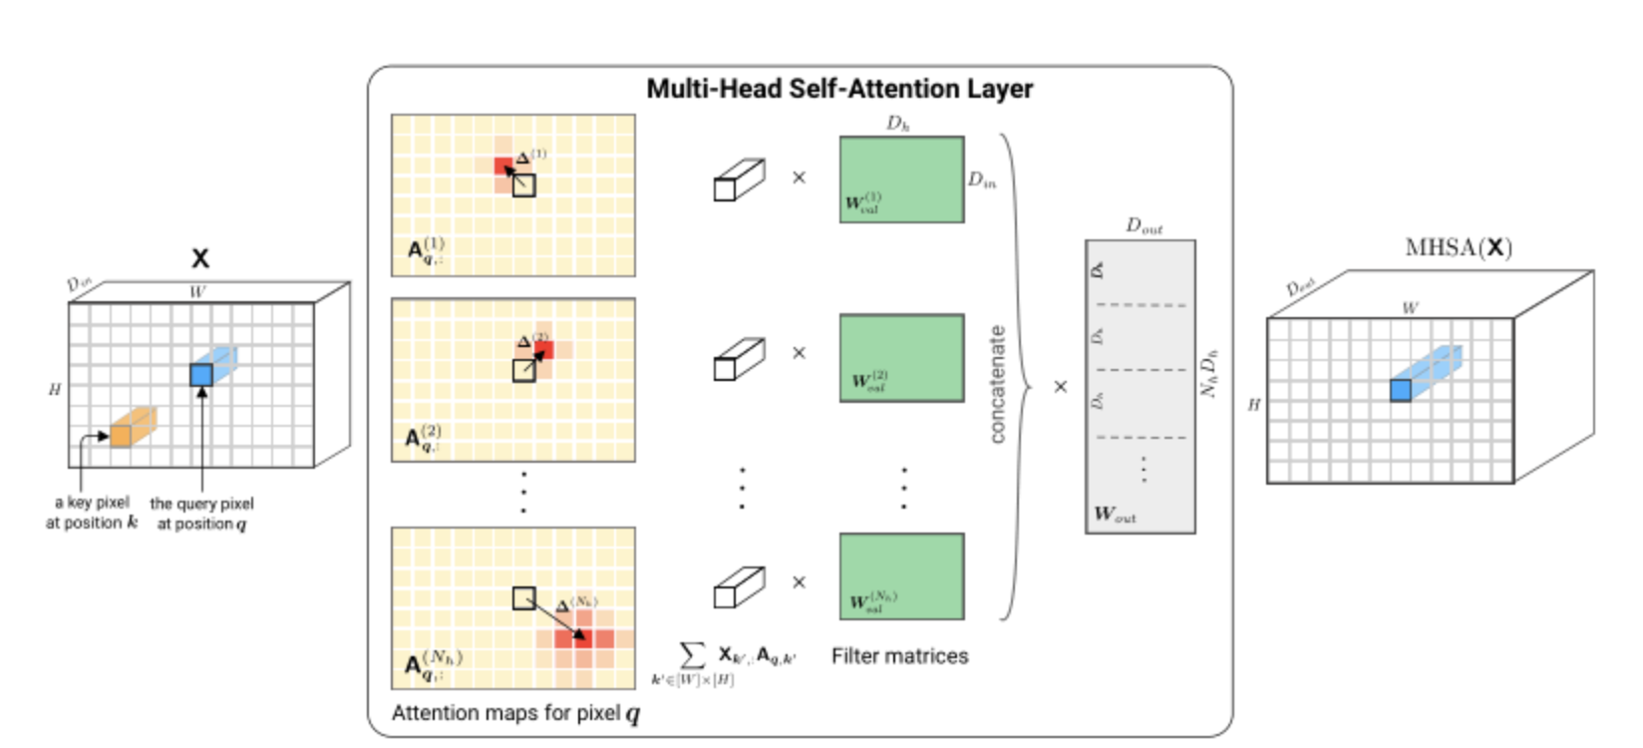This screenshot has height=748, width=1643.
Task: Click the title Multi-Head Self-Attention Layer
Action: (839, 89)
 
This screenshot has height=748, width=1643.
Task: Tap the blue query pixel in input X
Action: (201, 375)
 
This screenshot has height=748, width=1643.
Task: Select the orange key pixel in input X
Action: (121, 435)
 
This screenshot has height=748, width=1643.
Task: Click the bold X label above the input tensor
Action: (200, 258)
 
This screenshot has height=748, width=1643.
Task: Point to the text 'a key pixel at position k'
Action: (92, 513)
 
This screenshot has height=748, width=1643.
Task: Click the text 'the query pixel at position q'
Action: (201, 514)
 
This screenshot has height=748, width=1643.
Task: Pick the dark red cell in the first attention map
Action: (503, 166)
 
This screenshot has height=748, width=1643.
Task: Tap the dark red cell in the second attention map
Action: (543, 350)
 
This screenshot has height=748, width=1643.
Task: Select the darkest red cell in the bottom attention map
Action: (581, 637)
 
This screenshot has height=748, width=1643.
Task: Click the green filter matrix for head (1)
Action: (901, 180)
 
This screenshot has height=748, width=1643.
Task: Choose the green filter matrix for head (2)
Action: (901, 358)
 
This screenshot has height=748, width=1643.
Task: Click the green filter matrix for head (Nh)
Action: (901, 576)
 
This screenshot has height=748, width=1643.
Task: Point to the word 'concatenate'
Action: (998, 384)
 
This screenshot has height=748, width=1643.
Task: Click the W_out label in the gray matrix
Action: (1115, 515)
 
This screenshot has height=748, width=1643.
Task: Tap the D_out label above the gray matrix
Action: (1144, 226)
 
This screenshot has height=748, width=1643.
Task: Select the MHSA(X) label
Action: (1458, 247)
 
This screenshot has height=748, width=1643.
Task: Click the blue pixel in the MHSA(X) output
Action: (1401, 390)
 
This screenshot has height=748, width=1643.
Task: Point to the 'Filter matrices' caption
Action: (899, 656)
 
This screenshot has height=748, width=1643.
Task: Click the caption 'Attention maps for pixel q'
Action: (515, 713)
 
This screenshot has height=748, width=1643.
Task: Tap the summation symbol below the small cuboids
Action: (692, 655)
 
